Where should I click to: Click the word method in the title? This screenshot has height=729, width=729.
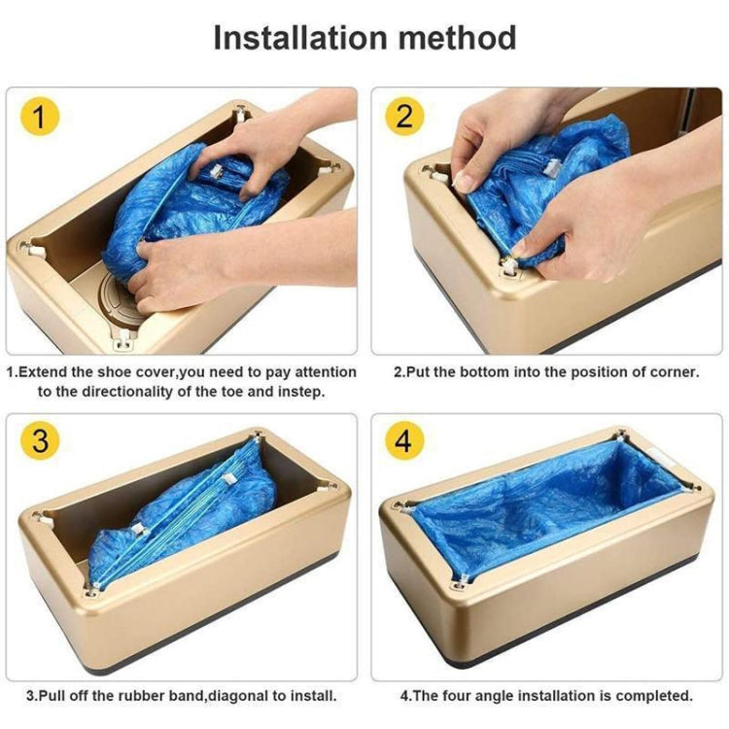[x=454, y=38]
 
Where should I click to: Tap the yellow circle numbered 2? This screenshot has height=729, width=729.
[x=403, y=118]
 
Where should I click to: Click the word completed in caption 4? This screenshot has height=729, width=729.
[x=654, y=696]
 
